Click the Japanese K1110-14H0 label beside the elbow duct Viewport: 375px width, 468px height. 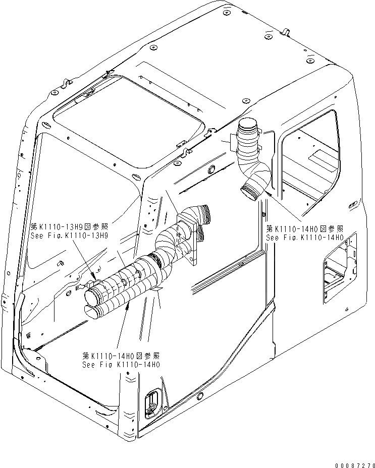coord(305,228)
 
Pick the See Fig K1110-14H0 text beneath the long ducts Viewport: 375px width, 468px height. coord(122,364)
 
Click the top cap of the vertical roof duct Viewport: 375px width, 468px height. coord(248,124)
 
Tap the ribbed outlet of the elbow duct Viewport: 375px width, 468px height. coord(251,191)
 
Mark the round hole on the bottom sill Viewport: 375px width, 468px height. coord(200,394)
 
